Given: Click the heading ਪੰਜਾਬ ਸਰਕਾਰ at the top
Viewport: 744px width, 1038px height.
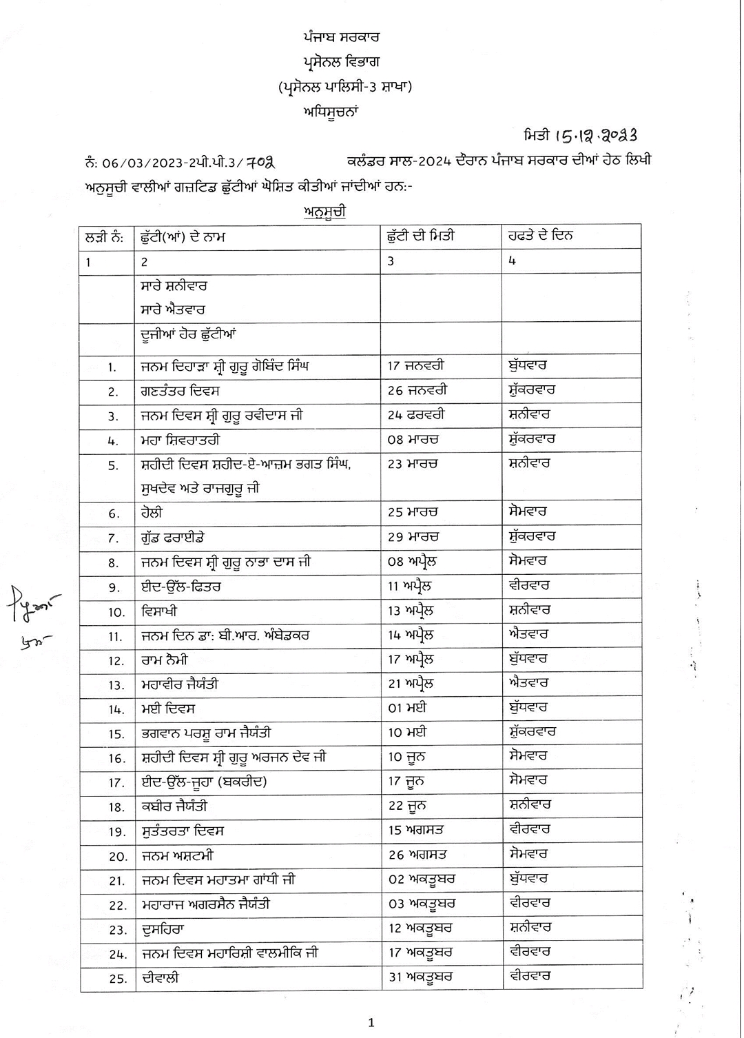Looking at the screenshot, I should pyautogui.click(x=340, y=37).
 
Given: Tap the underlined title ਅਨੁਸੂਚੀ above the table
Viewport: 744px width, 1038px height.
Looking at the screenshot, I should pyautogui.click(x=324, y=212).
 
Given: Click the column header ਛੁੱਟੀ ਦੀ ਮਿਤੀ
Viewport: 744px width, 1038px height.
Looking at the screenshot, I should pyautogui.click(x=421, y=236).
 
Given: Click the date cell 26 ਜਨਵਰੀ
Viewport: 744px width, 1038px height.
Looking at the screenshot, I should pyautogui.click(x=417, y=391).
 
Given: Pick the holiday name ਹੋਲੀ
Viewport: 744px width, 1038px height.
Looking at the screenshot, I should pyautogui.click(x=152, y=513).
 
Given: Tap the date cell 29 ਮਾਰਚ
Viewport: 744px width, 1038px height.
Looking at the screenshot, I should pyautogui.click(x=413, y=537).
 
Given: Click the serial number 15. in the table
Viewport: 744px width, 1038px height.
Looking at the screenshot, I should pyautogui.click(x=116, y=734).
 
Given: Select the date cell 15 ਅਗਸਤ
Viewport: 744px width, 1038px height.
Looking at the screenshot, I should pyautogui.click(x=416, y=831).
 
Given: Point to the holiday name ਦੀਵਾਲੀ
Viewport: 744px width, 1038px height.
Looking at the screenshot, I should pyautogui.click(x=161, y=977).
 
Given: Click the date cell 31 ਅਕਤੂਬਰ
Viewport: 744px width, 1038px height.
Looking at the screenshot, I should pyautogui.click(x=420, y=977).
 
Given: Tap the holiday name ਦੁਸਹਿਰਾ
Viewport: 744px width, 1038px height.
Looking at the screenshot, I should pyautogui.click(x=163, y=928).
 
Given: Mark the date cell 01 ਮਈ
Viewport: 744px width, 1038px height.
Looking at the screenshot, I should pyautogui.click(x=407, y=708).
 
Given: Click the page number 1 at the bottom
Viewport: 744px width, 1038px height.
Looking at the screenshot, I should pyautogui.click(x=371, y=1023).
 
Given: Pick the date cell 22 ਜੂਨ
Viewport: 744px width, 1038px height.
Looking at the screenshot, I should pyautogui.click(x=406, y=806).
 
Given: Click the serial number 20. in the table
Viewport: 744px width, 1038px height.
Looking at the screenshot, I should pyautogui.click(x=118, y=856).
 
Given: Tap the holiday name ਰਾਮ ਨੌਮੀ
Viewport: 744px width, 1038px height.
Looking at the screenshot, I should pyautogui.click(x=164, y=660).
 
